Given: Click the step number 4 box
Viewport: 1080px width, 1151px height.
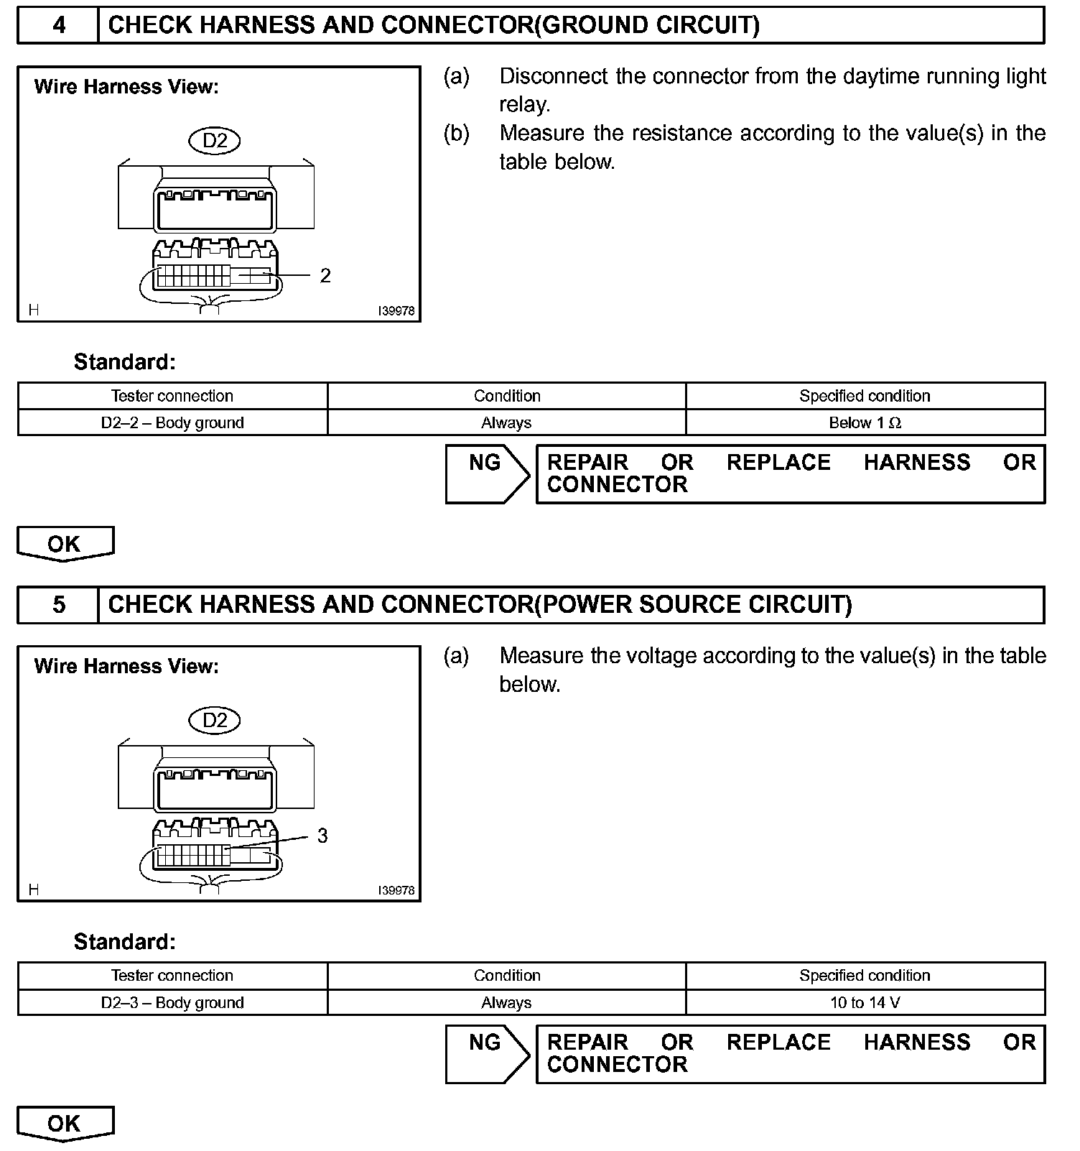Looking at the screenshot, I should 58,25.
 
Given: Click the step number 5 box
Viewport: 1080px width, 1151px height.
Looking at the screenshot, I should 58,605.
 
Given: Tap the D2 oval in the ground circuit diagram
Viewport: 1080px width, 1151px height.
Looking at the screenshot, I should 214,140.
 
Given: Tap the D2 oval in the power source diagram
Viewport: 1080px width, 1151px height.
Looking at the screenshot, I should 214,720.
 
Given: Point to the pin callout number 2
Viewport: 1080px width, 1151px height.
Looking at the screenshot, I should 325,276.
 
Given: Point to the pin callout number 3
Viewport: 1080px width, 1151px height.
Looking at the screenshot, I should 322,836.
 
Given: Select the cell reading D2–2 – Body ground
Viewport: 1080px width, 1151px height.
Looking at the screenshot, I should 172,422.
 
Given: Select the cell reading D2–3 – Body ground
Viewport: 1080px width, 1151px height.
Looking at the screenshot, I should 172,1002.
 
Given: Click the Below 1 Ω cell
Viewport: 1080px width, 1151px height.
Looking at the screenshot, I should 865,422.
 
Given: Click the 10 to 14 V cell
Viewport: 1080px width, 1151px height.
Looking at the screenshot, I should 865,1002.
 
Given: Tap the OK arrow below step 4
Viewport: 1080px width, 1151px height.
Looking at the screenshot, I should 65,544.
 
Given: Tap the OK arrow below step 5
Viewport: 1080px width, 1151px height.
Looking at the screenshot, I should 65,1124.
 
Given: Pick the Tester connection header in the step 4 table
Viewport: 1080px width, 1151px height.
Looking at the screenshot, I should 172,396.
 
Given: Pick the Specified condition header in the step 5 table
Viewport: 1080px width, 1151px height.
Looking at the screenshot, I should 865,976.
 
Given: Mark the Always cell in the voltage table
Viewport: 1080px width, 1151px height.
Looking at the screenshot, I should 506,1002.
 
